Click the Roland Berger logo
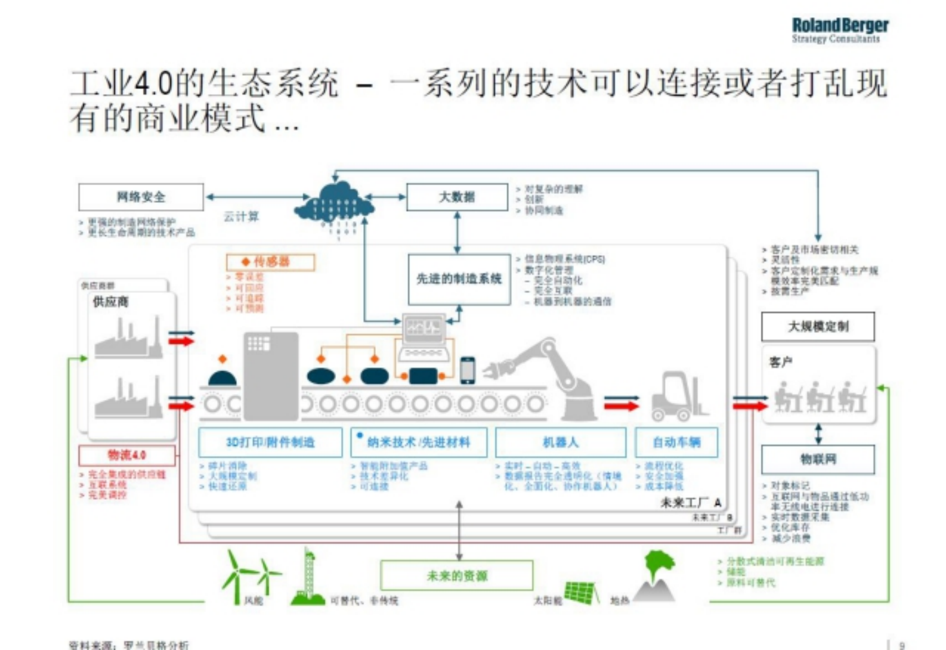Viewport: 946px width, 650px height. tap(840, 29)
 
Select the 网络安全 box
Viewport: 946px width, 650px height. tap(141, 197)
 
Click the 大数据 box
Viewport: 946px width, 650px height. tap(457, 197)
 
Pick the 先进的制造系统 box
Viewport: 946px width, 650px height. tap(459, 279)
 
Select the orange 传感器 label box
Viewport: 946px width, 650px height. tap(271, 262)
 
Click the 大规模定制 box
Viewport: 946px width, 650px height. tap(818, 326)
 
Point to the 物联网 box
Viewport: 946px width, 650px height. tap(818, 459)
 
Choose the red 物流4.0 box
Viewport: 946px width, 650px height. tap(127, 455)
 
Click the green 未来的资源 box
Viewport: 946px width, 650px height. tap(457, 576)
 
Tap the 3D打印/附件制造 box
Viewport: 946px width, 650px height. tap(270, 442)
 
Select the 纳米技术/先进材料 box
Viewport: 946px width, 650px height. tap(419, 442)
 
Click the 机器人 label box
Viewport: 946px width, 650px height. tap(561, 442)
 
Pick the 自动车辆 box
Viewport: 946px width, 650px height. tap(677, 442)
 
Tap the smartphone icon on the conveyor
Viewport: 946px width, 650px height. tap(467, 370)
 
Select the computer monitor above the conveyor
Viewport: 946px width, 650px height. tap(424, 326)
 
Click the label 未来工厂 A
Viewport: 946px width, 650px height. tap(690, 503)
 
